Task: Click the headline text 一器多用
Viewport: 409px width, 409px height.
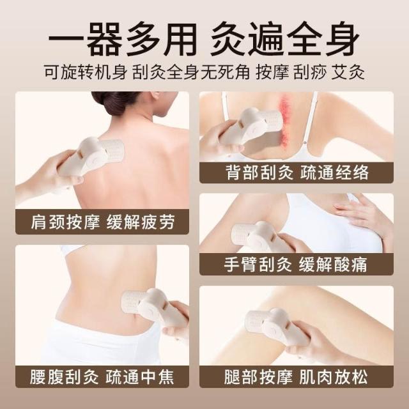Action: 122,39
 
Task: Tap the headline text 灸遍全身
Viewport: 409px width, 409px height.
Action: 286,39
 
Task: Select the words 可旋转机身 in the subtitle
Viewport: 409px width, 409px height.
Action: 85,72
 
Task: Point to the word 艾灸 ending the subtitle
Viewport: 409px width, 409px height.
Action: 348,72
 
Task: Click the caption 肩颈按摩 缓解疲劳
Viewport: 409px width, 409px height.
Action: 102,222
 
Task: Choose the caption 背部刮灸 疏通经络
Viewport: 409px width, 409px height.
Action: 297,173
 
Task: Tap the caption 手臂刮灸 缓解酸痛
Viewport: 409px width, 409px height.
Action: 295,264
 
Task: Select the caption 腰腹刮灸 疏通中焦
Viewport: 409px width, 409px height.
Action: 102,376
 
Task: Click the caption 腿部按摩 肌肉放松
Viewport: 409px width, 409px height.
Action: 296,376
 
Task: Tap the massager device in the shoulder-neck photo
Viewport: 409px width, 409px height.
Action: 90,162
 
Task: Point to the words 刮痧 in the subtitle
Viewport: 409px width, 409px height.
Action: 310,72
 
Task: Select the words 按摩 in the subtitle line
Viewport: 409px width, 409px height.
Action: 272,72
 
